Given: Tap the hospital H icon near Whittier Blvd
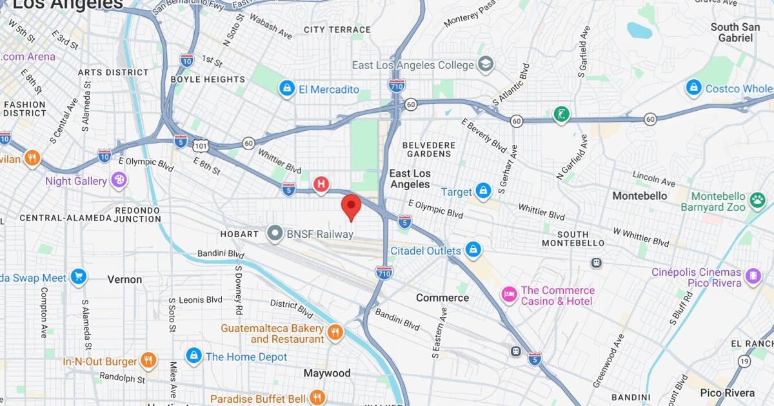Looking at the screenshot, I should (x=321, y=184).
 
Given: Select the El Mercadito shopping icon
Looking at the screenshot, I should (x=287, y=89).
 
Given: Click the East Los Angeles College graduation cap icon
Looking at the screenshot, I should (x=485, y=64).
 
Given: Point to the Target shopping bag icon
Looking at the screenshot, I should (x=483, y=191).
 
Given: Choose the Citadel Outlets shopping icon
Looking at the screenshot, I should (x=473, y=250).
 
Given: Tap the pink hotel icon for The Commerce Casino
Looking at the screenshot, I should (x=510, y=295).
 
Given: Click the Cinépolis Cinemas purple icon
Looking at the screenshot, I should (x=753, y=277).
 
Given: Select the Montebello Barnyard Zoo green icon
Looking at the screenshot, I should (x=756, y=202).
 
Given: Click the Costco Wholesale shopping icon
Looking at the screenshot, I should (x=694, y=88).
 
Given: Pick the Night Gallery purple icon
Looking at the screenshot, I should (x=118, y=181).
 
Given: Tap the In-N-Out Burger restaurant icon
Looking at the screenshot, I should (x=148, y=361).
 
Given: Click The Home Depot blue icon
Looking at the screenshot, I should (x=193, y=356).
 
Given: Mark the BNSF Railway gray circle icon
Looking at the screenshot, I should (x=276, y=234).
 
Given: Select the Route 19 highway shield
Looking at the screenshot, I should (x=744, y=362).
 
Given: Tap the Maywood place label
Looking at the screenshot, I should (x=327, y=373).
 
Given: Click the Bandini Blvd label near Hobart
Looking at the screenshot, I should (x=221, y=254).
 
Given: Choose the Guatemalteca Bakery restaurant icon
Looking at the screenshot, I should (x=335, y=333).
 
